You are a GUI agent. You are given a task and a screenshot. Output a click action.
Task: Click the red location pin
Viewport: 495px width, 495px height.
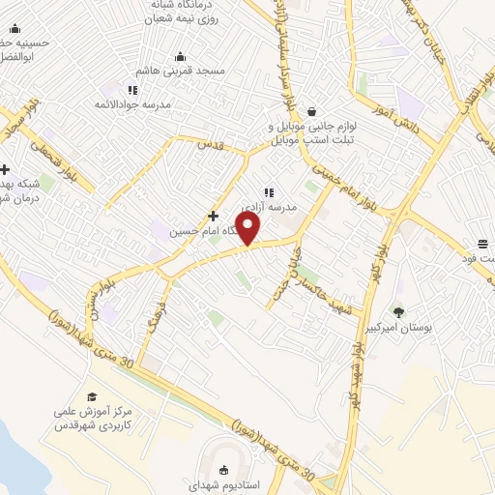pos(248,227)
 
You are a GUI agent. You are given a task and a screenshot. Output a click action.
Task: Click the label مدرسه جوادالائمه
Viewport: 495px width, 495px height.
pos(132,103)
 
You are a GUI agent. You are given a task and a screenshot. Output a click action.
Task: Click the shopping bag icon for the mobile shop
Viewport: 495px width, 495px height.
pos(311,112)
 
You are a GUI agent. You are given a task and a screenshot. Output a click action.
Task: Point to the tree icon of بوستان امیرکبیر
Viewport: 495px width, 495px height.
pos(398,311)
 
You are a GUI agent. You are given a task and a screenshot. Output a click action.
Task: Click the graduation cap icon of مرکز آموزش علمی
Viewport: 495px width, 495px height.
pos(92,396)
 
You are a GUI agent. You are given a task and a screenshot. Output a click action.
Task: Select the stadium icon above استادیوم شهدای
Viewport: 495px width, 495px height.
pos(224,471)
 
